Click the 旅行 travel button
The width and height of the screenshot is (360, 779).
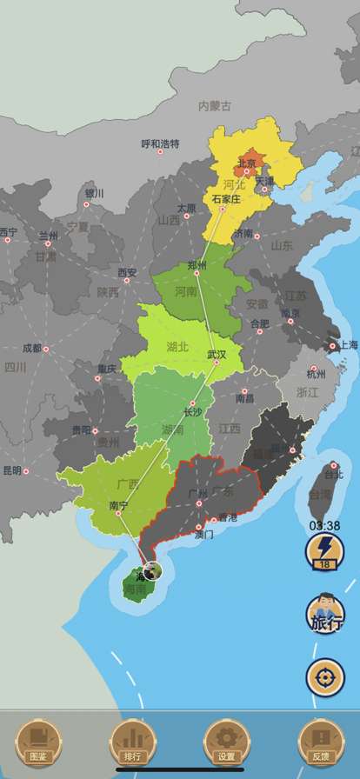(x=325, y=616)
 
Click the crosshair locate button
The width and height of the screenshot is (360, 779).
(x=325, y=676)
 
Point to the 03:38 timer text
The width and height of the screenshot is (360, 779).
(x=324, y=526)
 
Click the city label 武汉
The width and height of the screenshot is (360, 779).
(x=217, y=354)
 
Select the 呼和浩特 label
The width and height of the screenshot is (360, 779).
(x=161, y=143)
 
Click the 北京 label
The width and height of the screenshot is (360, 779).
(x=248, y=163)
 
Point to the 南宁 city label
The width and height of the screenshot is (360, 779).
(x=118, y=505)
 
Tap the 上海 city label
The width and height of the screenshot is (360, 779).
(x=347, y=344)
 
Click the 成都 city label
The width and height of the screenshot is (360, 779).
(x=31, y=348)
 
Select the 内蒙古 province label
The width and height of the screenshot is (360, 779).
(x=215, y=106)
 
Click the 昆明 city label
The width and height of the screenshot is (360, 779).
(x=12, y=470)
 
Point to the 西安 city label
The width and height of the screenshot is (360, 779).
(x=128, y=272)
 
